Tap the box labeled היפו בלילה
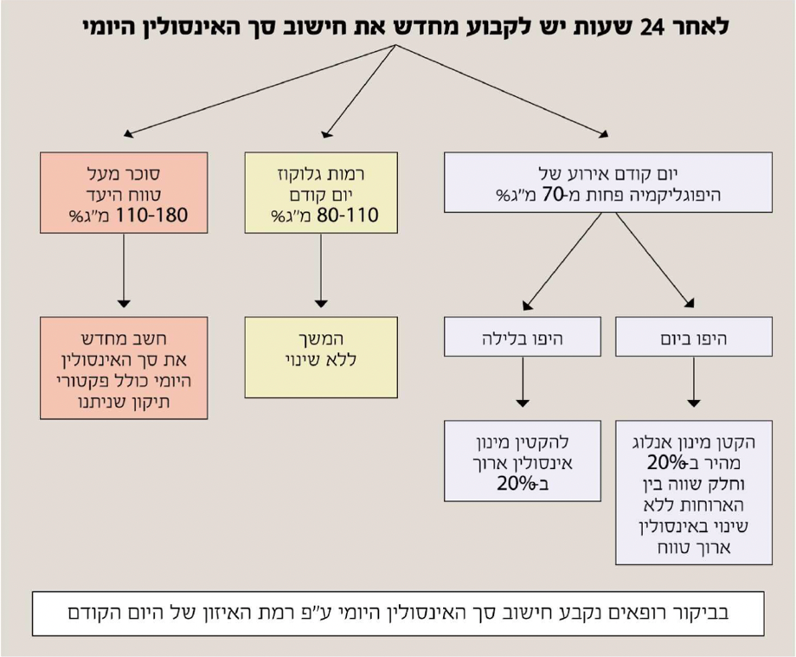[522, 337]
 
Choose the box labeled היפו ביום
[694, 337]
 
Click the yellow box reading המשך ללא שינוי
[321, 357]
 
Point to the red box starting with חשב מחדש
[124, 368]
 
